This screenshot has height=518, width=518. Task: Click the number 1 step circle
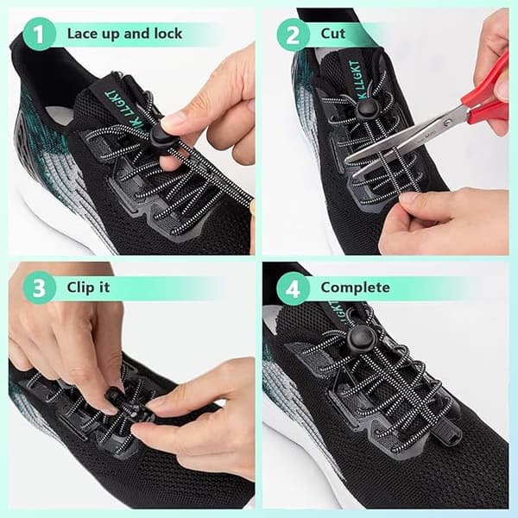(x=39, y=34)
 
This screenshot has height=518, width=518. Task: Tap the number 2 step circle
(x=293, y=35)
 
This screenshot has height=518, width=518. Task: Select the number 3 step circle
(x=39, y=287)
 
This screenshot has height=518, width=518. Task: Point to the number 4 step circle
(x=293, y=288)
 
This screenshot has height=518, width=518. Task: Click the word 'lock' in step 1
(x=168, y=34)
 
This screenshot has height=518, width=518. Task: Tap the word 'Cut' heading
(x=332, y=34)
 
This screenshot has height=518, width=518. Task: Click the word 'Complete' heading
(x=355, y=287)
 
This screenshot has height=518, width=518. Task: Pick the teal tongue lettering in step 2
(x=357, y=80)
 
